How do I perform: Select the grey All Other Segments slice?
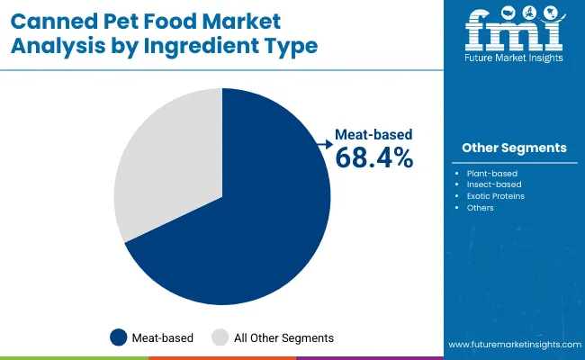[166, 166]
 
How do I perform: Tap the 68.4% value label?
[373, 158]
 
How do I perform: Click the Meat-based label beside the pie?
[373, 134]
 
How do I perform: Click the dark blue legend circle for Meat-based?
[119, 337]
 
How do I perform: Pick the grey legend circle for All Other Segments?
[220, 337]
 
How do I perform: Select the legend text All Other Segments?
[283, 337]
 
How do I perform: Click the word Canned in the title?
[57, 20]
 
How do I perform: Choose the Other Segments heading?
[514, 148]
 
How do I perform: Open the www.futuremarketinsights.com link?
[512, 345]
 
